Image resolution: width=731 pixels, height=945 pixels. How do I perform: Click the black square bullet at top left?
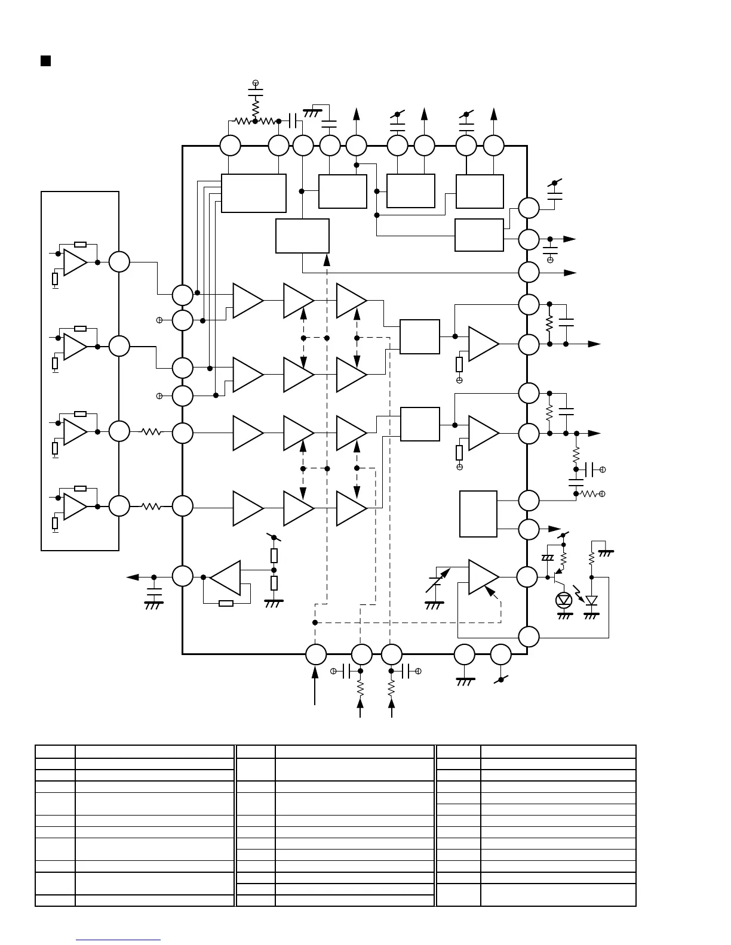(45, 61)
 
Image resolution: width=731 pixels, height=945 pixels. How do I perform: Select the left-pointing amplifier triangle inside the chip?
(226, 577)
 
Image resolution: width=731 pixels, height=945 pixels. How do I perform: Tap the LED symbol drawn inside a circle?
(564, 600)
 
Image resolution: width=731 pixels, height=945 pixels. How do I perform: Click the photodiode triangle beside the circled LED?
(591, 600)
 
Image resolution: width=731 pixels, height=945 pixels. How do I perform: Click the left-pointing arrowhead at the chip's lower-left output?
(132, 577)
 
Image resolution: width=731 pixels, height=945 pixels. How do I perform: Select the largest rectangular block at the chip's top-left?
(254, 193)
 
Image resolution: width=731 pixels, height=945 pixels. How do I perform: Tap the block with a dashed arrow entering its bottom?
(302, 236)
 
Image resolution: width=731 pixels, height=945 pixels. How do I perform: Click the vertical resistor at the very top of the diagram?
(255, 108)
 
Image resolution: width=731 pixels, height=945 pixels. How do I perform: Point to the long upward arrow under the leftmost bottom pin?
(315, 686)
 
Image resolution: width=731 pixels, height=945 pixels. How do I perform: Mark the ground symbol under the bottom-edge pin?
(465, 682)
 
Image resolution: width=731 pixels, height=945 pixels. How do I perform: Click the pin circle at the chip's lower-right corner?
(529, 637)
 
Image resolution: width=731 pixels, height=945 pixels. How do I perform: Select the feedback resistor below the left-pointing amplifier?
(226, 603)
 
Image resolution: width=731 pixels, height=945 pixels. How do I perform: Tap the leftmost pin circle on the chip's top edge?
(230, 145)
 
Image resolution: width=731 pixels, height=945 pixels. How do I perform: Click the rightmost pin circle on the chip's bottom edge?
(500, 654)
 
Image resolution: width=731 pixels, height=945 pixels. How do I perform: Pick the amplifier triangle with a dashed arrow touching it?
(483, 577)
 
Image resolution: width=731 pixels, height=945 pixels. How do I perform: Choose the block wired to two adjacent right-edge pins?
(478, 514)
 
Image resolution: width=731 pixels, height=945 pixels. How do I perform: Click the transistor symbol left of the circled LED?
(558, 577)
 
